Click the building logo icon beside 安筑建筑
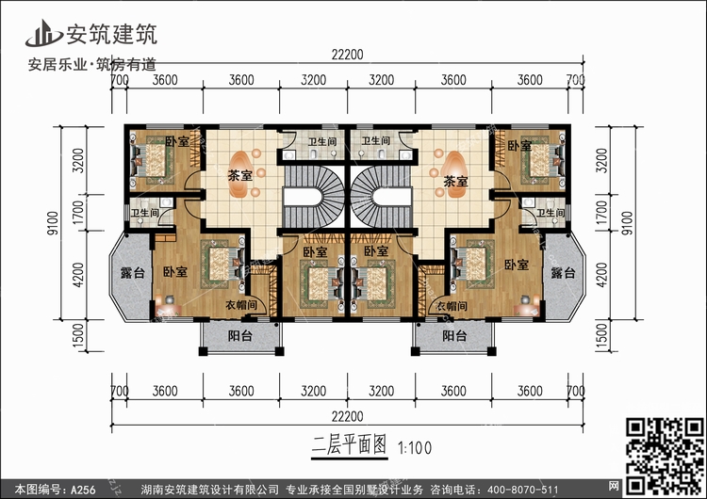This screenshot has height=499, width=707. point(43,34)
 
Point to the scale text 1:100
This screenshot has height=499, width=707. point(415,447)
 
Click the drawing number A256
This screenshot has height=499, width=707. point(83,490)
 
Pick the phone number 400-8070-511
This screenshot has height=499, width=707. point(522,490)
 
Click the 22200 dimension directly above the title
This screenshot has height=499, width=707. point(347,416)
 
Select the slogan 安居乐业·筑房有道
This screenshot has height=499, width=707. point(92,64)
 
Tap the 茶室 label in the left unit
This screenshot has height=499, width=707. point(239,175)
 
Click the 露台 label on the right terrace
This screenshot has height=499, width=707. point(563,272)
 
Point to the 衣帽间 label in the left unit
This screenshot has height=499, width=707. point(241,305)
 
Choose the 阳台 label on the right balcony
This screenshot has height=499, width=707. point(454,335)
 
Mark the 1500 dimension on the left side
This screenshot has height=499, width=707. point(77,336)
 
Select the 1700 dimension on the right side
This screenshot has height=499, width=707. point(601,214)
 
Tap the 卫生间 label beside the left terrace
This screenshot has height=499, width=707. point(144,212)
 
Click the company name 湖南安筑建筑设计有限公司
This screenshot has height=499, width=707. point(209,490)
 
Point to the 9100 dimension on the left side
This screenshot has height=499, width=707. point(53,223)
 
